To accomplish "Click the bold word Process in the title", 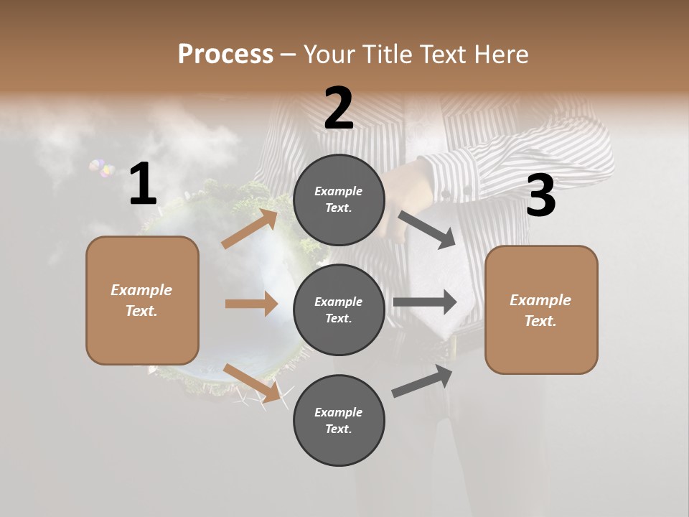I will pyautogui.click(x=225, y=54).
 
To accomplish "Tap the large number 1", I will pyautogui.click(x=143, y=185).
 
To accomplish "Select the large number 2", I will pyautogui.click(x=339, y=108).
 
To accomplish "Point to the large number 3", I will pyautogui.click(x=540, y=196).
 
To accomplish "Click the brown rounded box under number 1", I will pyautogui.click(x=142, y=300).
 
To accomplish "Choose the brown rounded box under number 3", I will pyautogui.click(x=541, y=310).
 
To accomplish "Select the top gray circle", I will pyautogui.click(x=339, y=200).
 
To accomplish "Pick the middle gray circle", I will pyautogui.click(x=339, y=309).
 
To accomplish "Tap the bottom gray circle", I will pyautogui.click(x=339, y=420).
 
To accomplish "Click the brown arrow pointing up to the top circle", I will pyautogui.click(x=250, y=228).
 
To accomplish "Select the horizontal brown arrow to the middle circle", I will pyautogui.click(x=251, y=304).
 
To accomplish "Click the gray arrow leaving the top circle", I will pyautogui.click(x=427, y=230).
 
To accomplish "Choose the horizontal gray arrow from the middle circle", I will pyautogui.click(x=424, y=302).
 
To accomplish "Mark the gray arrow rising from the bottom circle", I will pyautogui.click(x=423, y=381).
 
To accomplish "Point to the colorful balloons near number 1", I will pyautogui.click(x=102, y=169).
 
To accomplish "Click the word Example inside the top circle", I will pyautogui.click(x=339, y=191).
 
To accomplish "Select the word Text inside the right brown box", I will pyautogui.click(x=540, y=321).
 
